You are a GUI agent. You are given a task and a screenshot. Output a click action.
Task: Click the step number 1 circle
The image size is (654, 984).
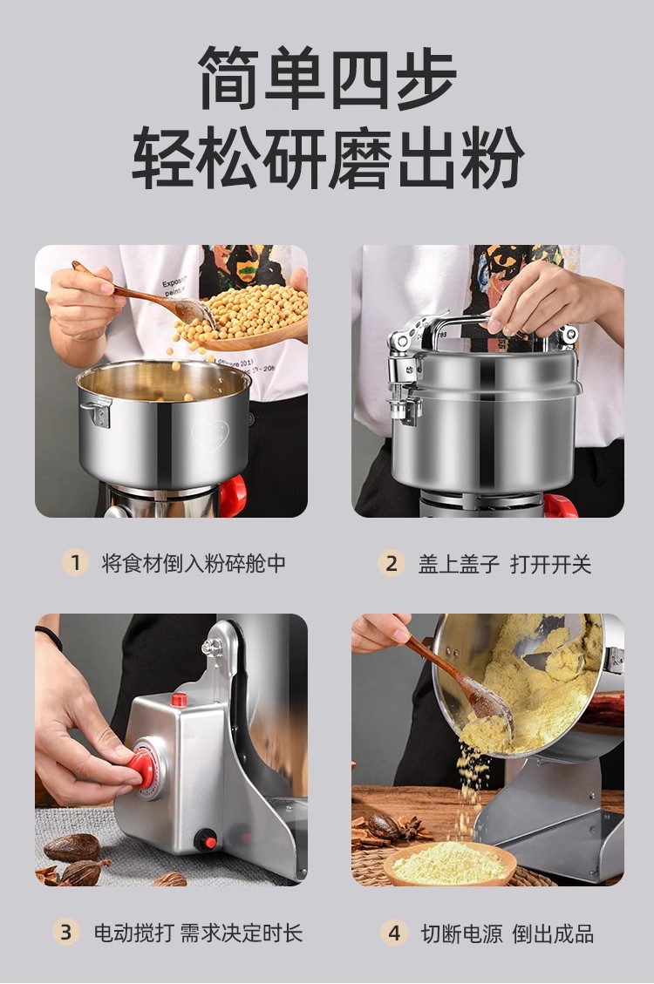point(75,563)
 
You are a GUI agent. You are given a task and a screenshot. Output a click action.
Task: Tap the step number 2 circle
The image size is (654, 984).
point(392,563)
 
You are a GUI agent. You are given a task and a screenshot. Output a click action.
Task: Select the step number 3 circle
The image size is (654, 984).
point(66,932)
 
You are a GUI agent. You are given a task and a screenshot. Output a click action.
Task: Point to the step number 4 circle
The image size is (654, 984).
point(394,933)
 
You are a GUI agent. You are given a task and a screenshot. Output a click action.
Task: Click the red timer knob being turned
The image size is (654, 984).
point(144,768)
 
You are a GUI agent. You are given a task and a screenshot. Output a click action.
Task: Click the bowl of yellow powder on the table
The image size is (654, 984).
point(449,864)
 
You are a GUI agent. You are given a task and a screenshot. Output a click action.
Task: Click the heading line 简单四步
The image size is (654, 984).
point(326,78)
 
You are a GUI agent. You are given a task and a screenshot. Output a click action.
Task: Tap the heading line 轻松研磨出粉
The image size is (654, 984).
point(327,158)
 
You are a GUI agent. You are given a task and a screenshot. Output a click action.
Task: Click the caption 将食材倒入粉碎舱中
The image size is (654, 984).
point(194,563)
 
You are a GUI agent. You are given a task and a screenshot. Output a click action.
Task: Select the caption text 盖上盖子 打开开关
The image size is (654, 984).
point(505,564)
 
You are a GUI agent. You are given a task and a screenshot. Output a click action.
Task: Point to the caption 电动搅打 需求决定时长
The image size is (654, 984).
point(198,933)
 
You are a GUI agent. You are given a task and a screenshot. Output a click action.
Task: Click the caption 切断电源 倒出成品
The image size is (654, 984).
point(508,933)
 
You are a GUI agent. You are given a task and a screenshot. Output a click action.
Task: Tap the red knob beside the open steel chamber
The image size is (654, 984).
point(233,495)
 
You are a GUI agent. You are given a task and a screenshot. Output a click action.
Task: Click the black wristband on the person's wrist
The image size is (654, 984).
point(48,637)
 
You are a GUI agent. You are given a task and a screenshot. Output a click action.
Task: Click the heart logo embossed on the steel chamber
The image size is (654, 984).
point(209,434)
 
